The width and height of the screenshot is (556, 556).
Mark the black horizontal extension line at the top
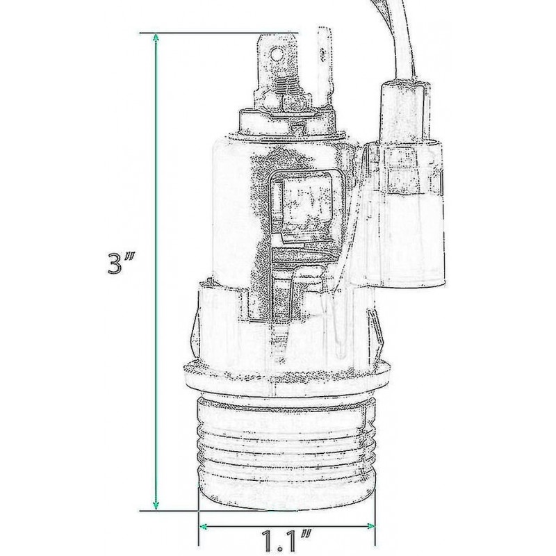pos(219,32)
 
